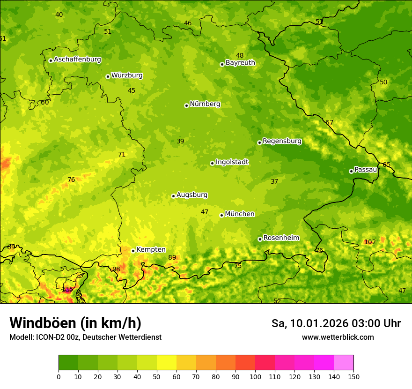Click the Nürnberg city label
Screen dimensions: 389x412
coord(205,104)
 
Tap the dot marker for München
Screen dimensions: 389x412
coord(222,215)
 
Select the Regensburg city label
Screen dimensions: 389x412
coord(282,141)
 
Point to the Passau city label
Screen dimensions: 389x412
coord(366,170)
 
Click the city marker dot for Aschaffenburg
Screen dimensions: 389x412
coord(51,60)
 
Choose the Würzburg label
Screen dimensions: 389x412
coord(127,75)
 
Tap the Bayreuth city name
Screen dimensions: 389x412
coord(240,63)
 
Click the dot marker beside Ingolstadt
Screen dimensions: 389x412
coord(212,163)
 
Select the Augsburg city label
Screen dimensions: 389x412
coord(192,195)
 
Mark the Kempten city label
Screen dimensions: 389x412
coord(151,250)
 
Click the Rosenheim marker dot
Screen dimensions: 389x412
coord(260,239)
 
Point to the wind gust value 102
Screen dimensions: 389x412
coord(370,242)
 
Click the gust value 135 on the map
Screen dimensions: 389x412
coord(67,289)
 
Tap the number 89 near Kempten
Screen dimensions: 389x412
coord(172,257)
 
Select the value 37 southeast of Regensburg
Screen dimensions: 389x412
coord(274,181)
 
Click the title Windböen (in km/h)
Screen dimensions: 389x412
coord(75,323)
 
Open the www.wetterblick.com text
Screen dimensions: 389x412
coord(338,337)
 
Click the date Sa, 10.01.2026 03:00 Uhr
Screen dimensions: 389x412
coord(336,323)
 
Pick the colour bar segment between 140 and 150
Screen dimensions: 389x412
coord(344,362)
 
